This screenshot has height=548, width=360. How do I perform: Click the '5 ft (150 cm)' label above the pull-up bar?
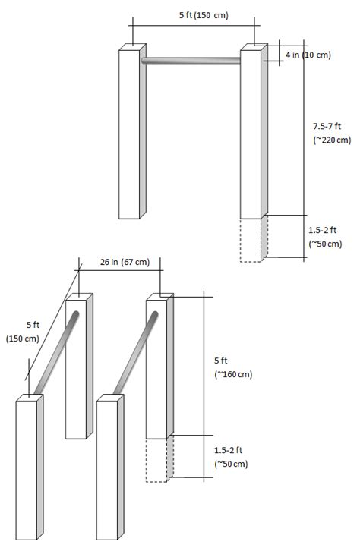tap(204, 15)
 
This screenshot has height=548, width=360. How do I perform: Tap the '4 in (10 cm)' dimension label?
tap(308, 55)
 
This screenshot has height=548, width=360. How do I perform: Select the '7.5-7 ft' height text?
tap(327, 126)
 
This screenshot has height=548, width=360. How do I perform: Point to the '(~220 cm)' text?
tap(332, 140)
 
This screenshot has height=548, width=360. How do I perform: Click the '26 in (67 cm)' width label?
tap(125, 262)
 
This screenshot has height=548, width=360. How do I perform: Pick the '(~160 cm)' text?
tap(233, 374)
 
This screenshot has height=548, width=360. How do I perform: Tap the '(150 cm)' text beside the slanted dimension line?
tap(22, 339)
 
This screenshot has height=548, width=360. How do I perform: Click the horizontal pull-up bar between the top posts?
tap(191, 61)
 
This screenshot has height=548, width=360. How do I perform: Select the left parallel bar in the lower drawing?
tap(56, 353)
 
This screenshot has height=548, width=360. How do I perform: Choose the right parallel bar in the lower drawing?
tap(136, 353)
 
